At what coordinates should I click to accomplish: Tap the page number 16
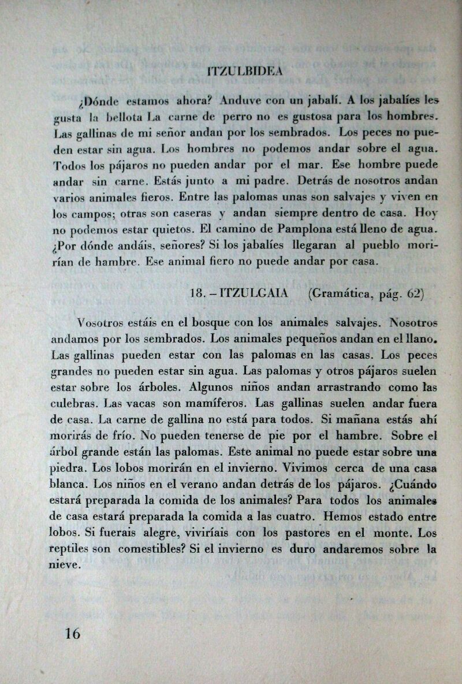(x=73, y=633)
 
